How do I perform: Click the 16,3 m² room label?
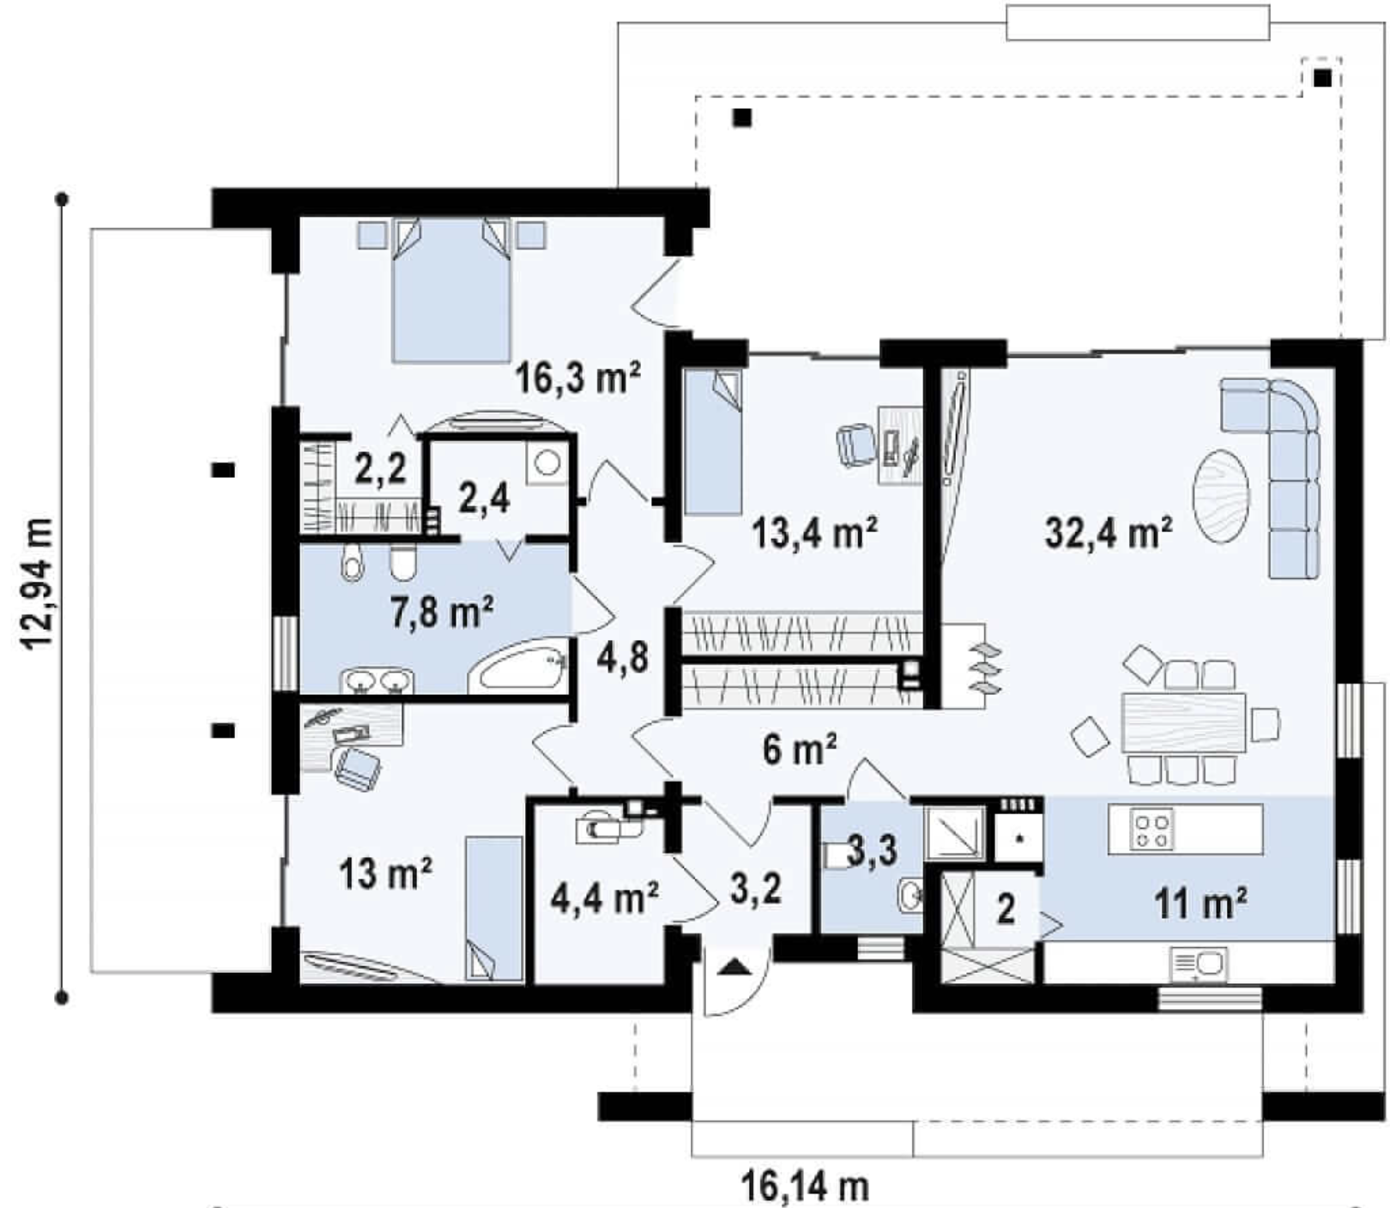578,377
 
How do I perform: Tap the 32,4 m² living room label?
1109,534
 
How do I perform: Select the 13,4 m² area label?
814,533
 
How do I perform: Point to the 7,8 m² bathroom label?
442,613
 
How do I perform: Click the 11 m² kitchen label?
1200,903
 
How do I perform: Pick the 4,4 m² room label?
604,897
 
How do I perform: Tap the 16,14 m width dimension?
805,1188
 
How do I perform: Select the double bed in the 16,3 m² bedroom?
451,289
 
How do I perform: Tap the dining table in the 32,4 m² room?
1184,722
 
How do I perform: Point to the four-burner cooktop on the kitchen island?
1151,830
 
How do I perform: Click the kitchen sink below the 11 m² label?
1199,964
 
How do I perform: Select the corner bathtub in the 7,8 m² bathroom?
518,670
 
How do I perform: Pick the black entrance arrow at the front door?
735,967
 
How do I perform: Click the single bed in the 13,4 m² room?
712,442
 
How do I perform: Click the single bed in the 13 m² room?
494,909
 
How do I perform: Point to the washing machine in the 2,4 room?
547,464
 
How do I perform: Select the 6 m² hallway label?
799,750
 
